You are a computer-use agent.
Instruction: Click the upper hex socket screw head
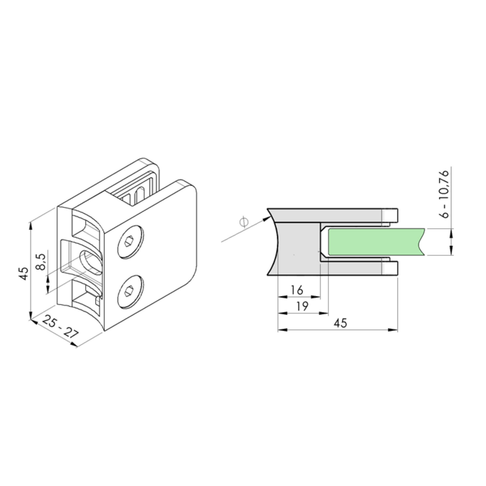[131, 242]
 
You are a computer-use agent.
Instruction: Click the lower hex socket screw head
[131, 292]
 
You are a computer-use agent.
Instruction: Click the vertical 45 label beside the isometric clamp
[24, 273]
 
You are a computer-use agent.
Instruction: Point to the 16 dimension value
[297, 290]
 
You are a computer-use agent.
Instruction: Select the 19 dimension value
[302, 306]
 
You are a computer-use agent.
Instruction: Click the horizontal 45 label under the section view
[340, 323]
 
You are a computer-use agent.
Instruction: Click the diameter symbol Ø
[244, 222]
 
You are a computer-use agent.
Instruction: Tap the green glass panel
[375, 242]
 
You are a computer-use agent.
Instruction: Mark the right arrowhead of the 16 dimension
[316, 297]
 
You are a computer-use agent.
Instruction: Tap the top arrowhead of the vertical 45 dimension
[31, 226]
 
